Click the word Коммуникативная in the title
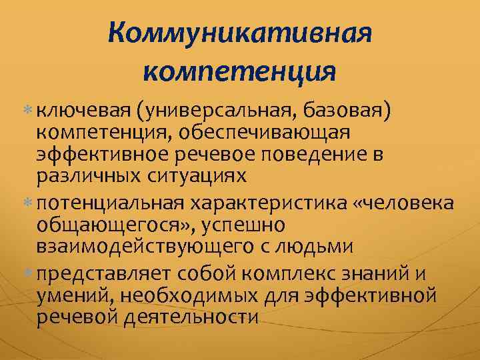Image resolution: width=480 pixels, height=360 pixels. coord(239,32)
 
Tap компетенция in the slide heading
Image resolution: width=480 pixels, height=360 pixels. coord(239,69)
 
